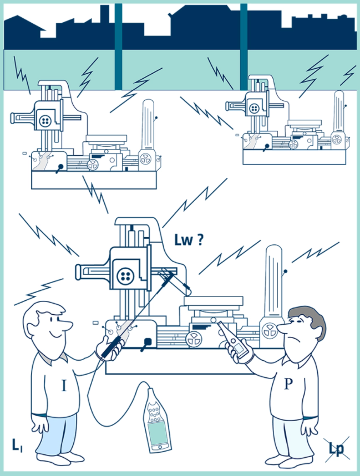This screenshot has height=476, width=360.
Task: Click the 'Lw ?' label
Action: [189, 240]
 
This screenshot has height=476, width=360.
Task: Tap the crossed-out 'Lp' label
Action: [336, 449]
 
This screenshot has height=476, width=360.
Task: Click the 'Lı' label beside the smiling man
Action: [17, 445]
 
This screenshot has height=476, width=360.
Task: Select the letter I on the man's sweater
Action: [64, 386]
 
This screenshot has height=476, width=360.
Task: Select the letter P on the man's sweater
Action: [288, 384]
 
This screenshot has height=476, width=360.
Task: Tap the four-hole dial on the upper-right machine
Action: [254, 109]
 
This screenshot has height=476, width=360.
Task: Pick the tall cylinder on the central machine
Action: [273, 284]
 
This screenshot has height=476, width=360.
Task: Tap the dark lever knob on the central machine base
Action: [148, 342]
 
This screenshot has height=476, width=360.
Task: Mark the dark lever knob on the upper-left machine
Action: [60, 167]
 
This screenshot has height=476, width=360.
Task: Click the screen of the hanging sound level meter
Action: [158, 433]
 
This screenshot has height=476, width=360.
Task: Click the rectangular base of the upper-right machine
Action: [294, 157]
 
